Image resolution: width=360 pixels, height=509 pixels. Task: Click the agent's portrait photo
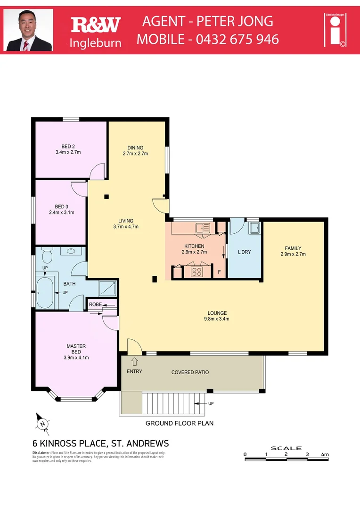point(28,30)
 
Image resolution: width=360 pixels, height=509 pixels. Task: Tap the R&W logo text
point(96,25)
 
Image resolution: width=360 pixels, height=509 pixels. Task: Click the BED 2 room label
point(68,146)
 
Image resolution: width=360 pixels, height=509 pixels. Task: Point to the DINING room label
point(135,148)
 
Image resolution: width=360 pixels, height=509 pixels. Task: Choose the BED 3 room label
point(62,206)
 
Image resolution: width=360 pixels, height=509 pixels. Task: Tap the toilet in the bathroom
point(47,256)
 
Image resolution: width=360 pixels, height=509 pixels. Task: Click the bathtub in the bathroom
point(46,292)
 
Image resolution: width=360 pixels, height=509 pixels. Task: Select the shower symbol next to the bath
point(106,288)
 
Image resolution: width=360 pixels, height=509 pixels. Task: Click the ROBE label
point(95,304)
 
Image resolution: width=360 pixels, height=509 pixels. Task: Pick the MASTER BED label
point(75,349)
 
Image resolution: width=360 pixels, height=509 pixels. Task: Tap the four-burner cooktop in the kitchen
point(196,272)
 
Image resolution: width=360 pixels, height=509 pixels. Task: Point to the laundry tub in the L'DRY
point(254,228)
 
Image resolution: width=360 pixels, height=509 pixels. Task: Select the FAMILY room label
point(293,248)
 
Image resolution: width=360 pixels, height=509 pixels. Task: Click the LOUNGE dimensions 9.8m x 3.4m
point(217,319)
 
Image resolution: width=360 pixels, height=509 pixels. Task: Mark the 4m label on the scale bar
point(324,454)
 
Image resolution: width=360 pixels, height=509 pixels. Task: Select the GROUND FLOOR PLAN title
point(179,423)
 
